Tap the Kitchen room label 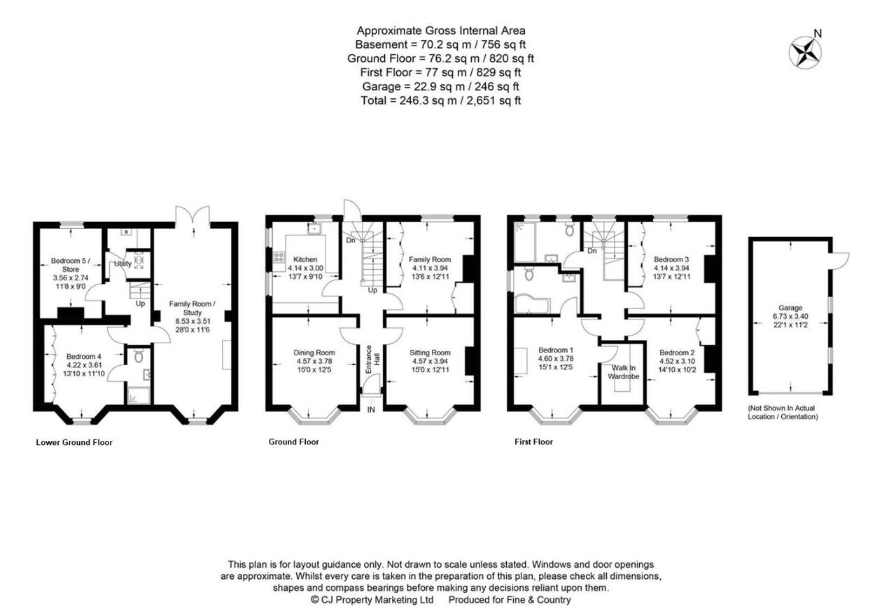tap(305, 259)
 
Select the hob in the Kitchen tap(279, 257)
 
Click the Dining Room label tap(314, 353)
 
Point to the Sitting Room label tap(430, 353)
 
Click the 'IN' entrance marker tap(371, 409)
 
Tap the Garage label tap(790, 308)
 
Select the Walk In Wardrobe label tap(624, 372)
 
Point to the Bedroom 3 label tap(671, 259)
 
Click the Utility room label tap(122, 263)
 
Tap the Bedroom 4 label tap(83, 356)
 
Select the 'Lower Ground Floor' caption tap(74, 442)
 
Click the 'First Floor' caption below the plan tap(533, 442)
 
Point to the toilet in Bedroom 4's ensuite tap(139, 355)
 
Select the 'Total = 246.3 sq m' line tap(440, 100)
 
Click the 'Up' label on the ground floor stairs tap(372, 290)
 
